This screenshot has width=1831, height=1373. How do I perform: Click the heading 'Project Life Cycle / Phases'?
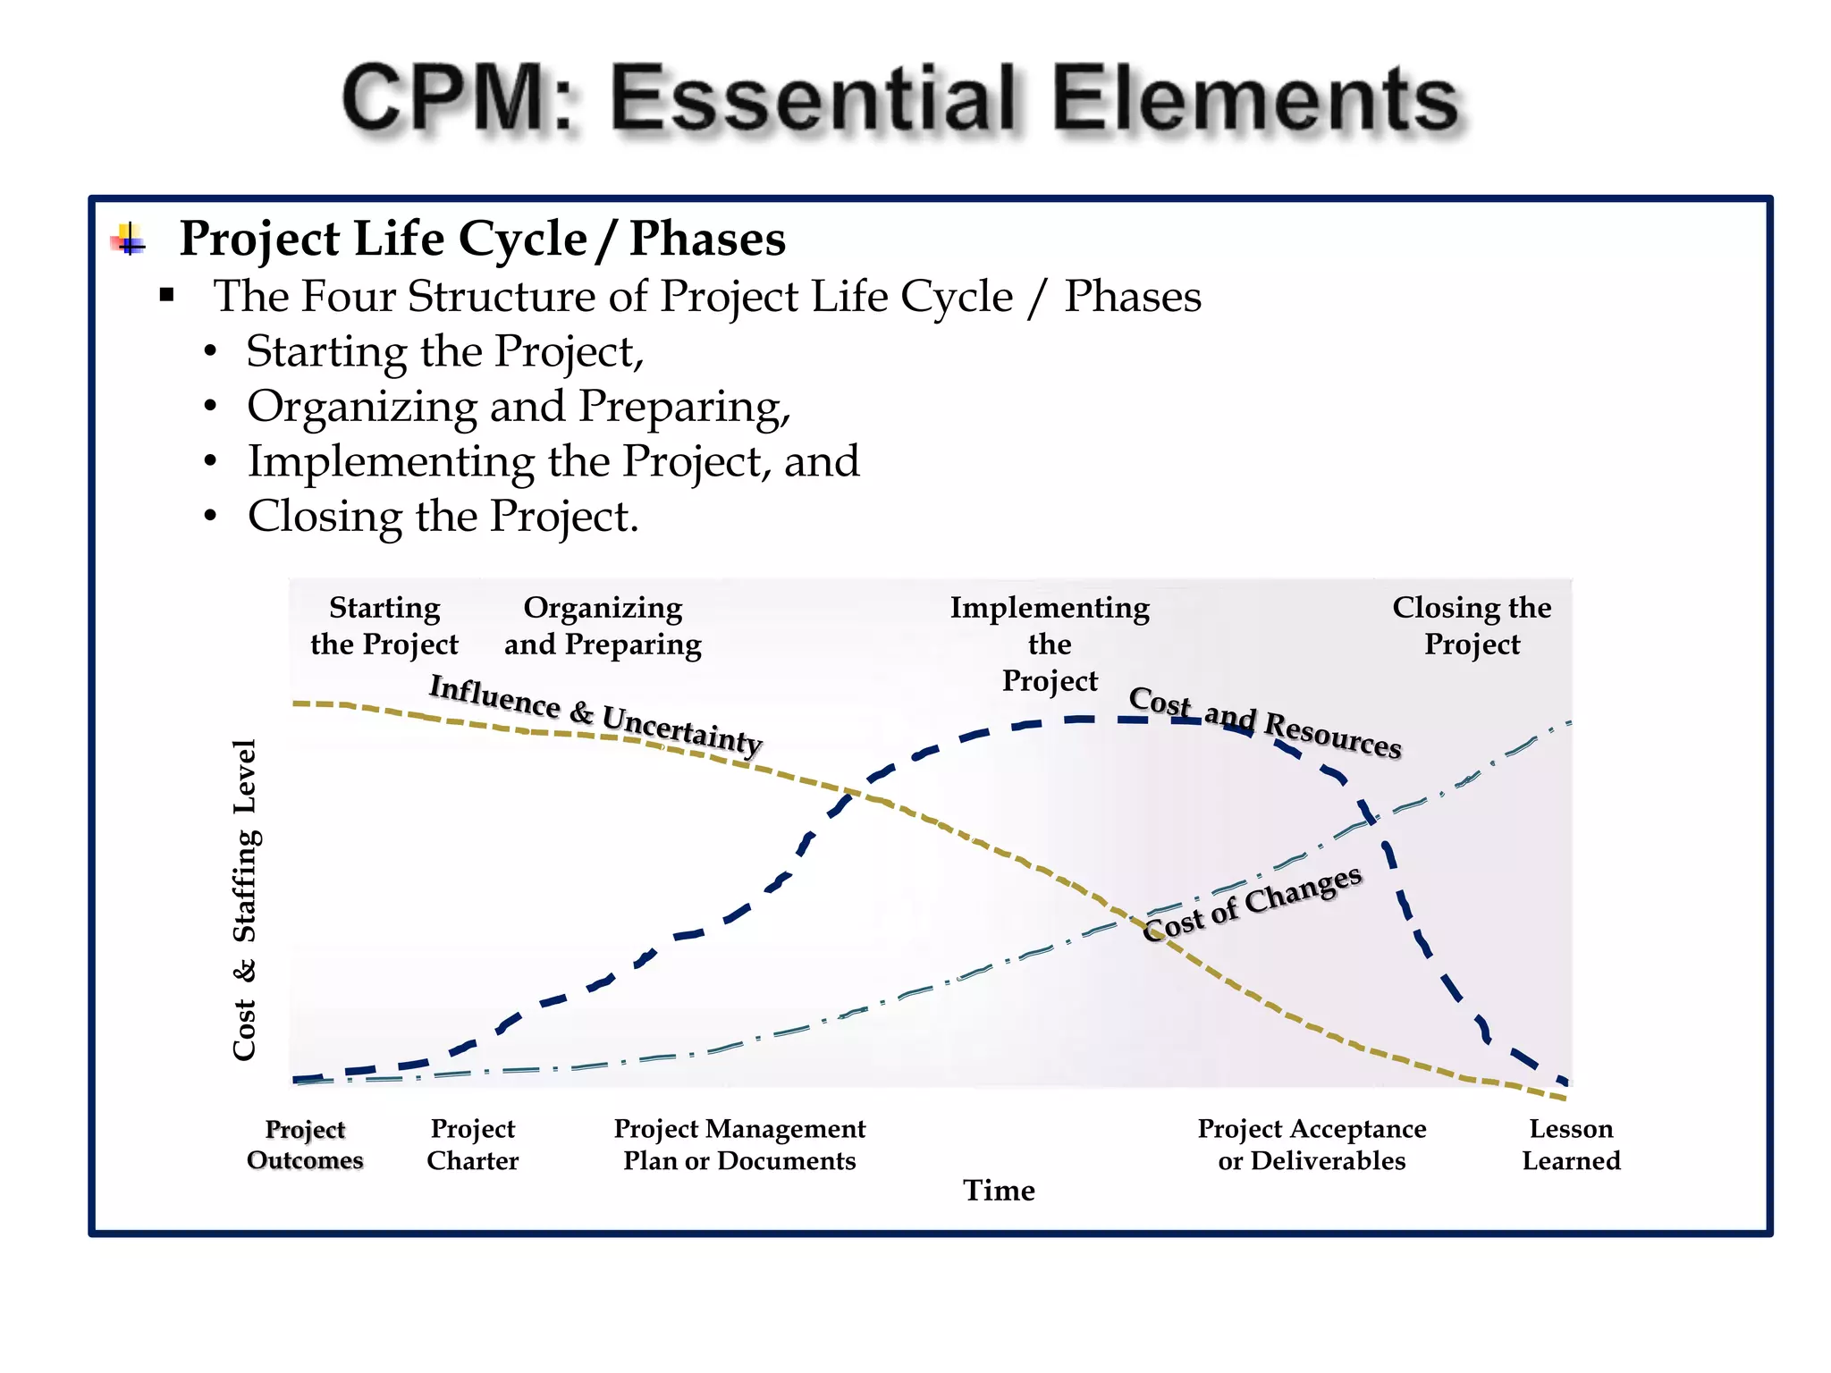482,239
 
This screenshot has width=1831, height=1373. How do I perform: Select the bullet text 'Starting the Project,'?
444,351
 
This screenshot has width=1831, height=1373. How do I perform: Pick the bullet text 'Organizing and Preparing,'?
519,407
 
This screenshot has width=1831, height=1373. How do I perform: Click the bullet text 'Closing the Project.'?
443,517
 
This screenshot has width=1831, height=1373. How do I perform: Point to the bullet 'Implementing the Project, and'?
553,462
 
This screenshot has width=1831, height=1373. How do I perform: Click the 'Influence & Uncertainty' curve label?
595,714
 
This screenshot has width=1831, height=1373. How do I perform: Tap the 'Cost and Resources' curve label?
1264,721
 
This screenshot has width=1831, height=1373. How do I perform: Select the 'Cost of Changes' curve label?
1252,904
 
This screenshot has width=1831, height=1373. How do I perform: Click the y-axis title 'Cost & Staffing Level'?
245,898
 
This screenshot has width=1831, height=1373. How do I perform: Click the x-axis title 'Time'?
999,1191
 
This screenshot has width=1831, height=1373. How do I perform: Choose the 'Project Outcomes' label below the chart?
305,1145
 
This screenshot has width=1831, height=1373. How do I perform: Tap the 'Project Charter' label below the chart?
472,1145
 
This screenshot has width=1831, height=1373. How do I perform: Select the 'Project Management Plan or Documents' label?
739,1145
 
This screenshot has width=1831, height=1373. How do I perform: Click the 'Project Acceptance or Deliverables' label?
1312,1145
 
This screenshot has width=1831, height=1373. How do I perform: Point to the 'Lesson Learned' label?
1571,1145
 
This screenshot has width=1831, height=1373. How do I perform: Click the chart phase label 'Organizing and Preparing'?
603,626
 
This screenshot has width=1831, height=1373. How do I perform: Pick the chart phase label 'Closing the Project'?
1472,626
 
